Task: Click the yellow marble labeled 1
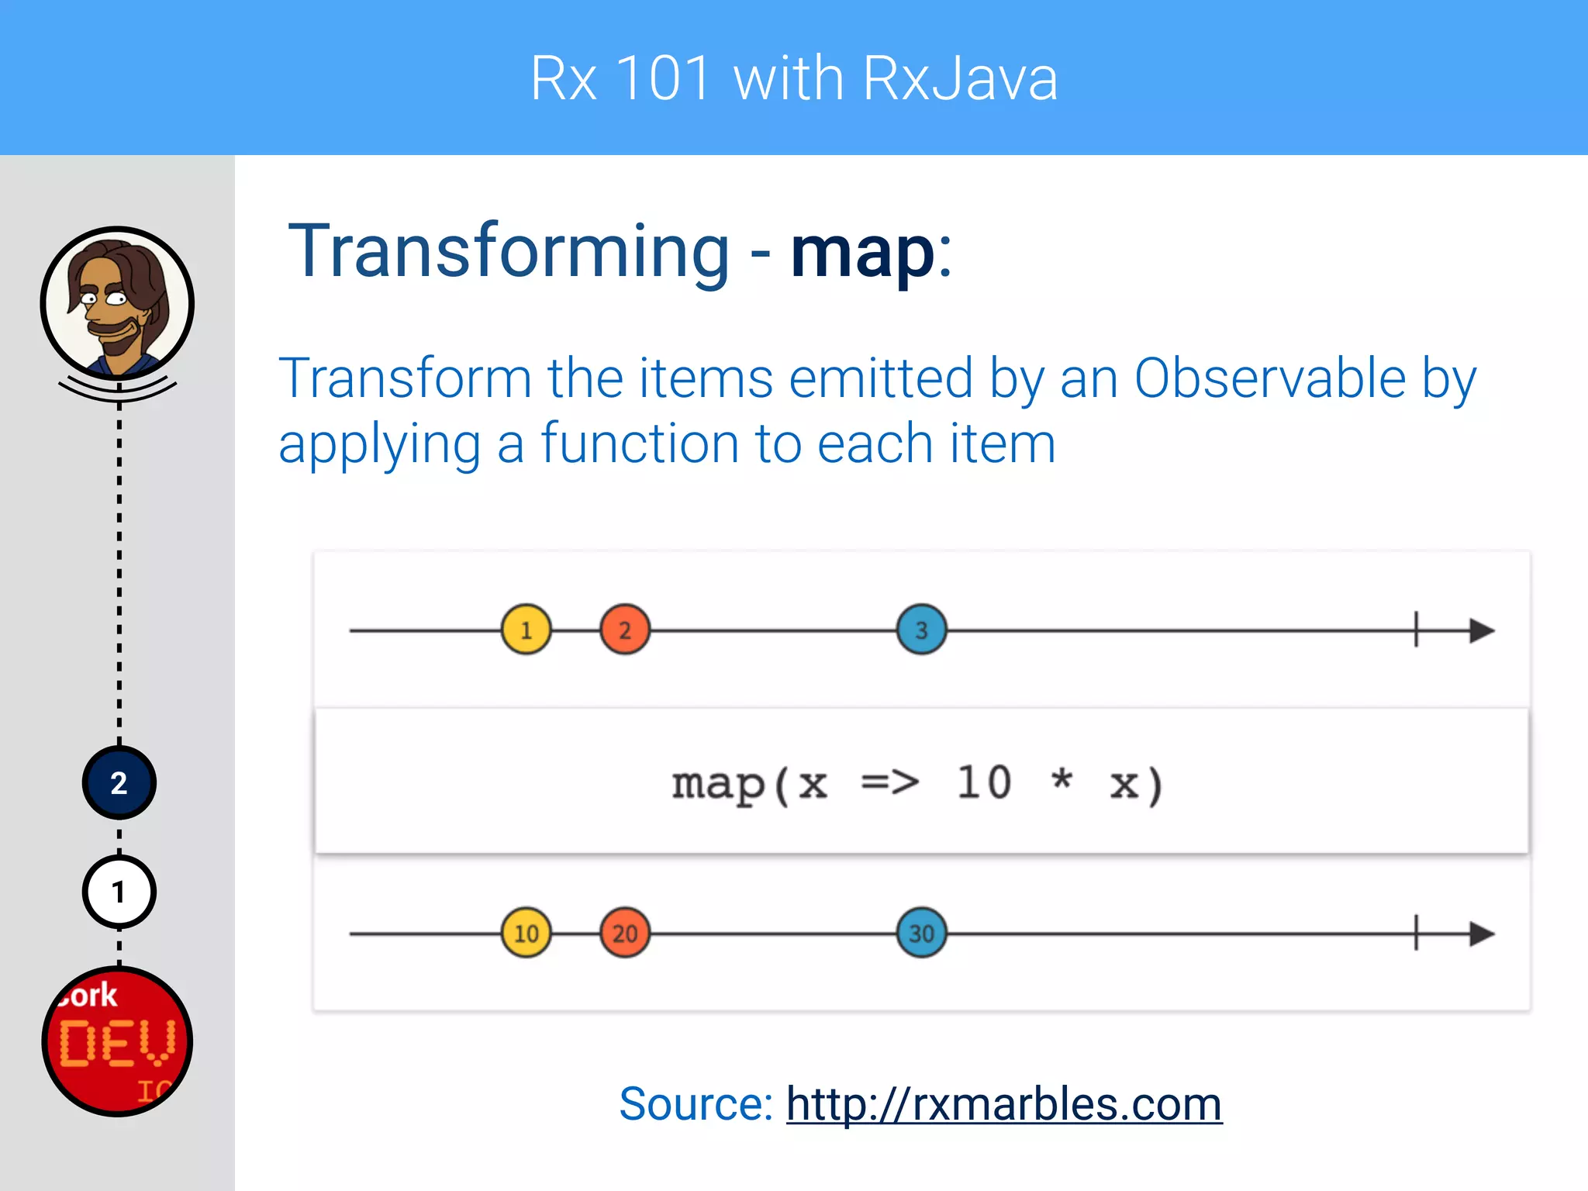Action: point(526,630)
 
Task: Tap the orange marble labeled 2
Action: point(625,630)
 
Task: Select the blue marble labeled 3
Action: point(921,630)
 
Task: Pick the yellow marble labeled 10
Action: point(526,933)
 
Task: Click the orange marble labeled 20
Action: point(625,933)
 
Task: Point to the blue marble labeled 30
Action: point(921,933)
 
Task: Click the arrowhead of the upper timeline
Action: point(1481,630)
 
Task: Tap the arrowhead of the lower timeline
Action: point(1481,934)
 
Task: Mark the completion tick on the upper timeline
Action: point(1416,629)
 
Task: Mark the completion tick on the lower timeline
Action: point(1416,933)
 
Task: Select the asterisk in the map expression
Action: point(1062,778)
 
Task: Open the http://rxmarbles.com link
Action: point(1003,1103)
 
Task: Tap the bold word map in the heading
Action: point(862,252)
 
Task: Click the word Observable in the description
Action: point(1269,378)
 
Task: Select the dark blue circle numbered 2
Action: point(119,783)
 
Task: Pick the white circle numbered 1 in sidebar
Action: point(119,892)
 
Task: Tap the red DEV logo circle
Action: point(117,1041)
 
